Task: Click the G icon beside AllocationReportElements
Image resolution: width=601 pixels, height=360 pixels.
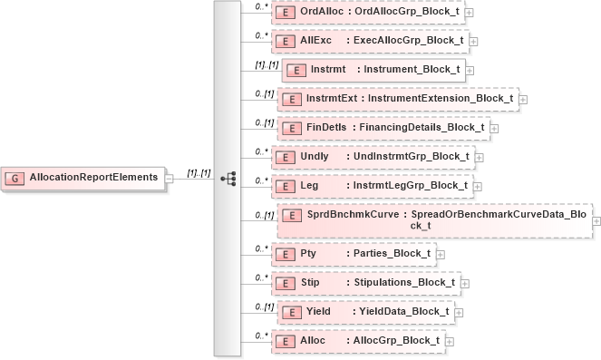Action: (15, 178)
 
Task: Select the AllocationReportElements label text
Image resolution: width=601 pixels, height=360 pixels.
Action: (93, 178)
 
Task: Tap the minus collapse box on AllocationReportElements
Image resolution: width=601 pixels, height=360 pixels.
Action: (170, 178)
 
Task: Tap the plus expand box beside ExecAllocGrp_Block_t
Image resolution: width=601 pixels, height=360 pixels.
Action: (474, 41)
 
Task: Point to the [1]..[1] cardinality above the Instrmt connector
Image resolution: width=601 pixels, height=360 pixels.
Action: (265, 64)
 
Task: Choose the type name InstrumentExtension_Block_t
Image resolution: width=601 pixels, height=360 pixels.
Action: (443, 98)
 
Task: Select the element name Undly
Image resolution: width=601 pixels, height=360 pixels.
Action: (315, 156)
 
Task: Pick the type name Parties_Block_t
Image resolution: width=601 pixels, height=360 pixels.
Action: (391, 253)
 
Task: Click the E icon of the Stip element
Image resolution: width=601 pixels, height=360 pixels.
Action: (286, 282)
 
